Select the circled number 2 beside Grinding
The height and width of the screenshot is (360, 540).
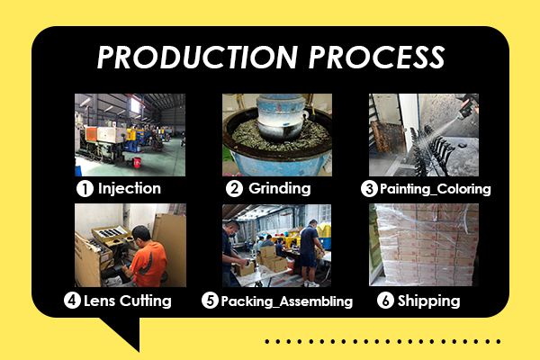click(233, 189)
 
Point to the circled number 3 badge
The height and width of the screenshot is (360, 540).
click(369, 189)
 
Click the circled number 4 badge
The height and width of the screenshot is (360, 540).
click(72, 301)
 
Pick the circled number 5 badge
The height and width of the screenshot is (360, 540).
click(211, 301)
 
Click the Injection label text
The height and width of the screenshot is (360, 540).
click(130, 189)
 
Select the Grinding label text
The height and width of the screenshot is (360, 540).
click(278, 189)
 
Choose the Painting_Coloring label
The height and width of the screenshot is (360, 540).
click(436, 189)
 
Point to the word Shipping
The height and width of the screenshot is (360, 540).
click(429, 301)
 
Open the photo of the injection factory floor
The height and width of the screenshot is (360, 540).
click(130, 134)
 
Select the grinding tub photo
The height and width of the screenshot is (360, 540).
click(276, 134)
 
